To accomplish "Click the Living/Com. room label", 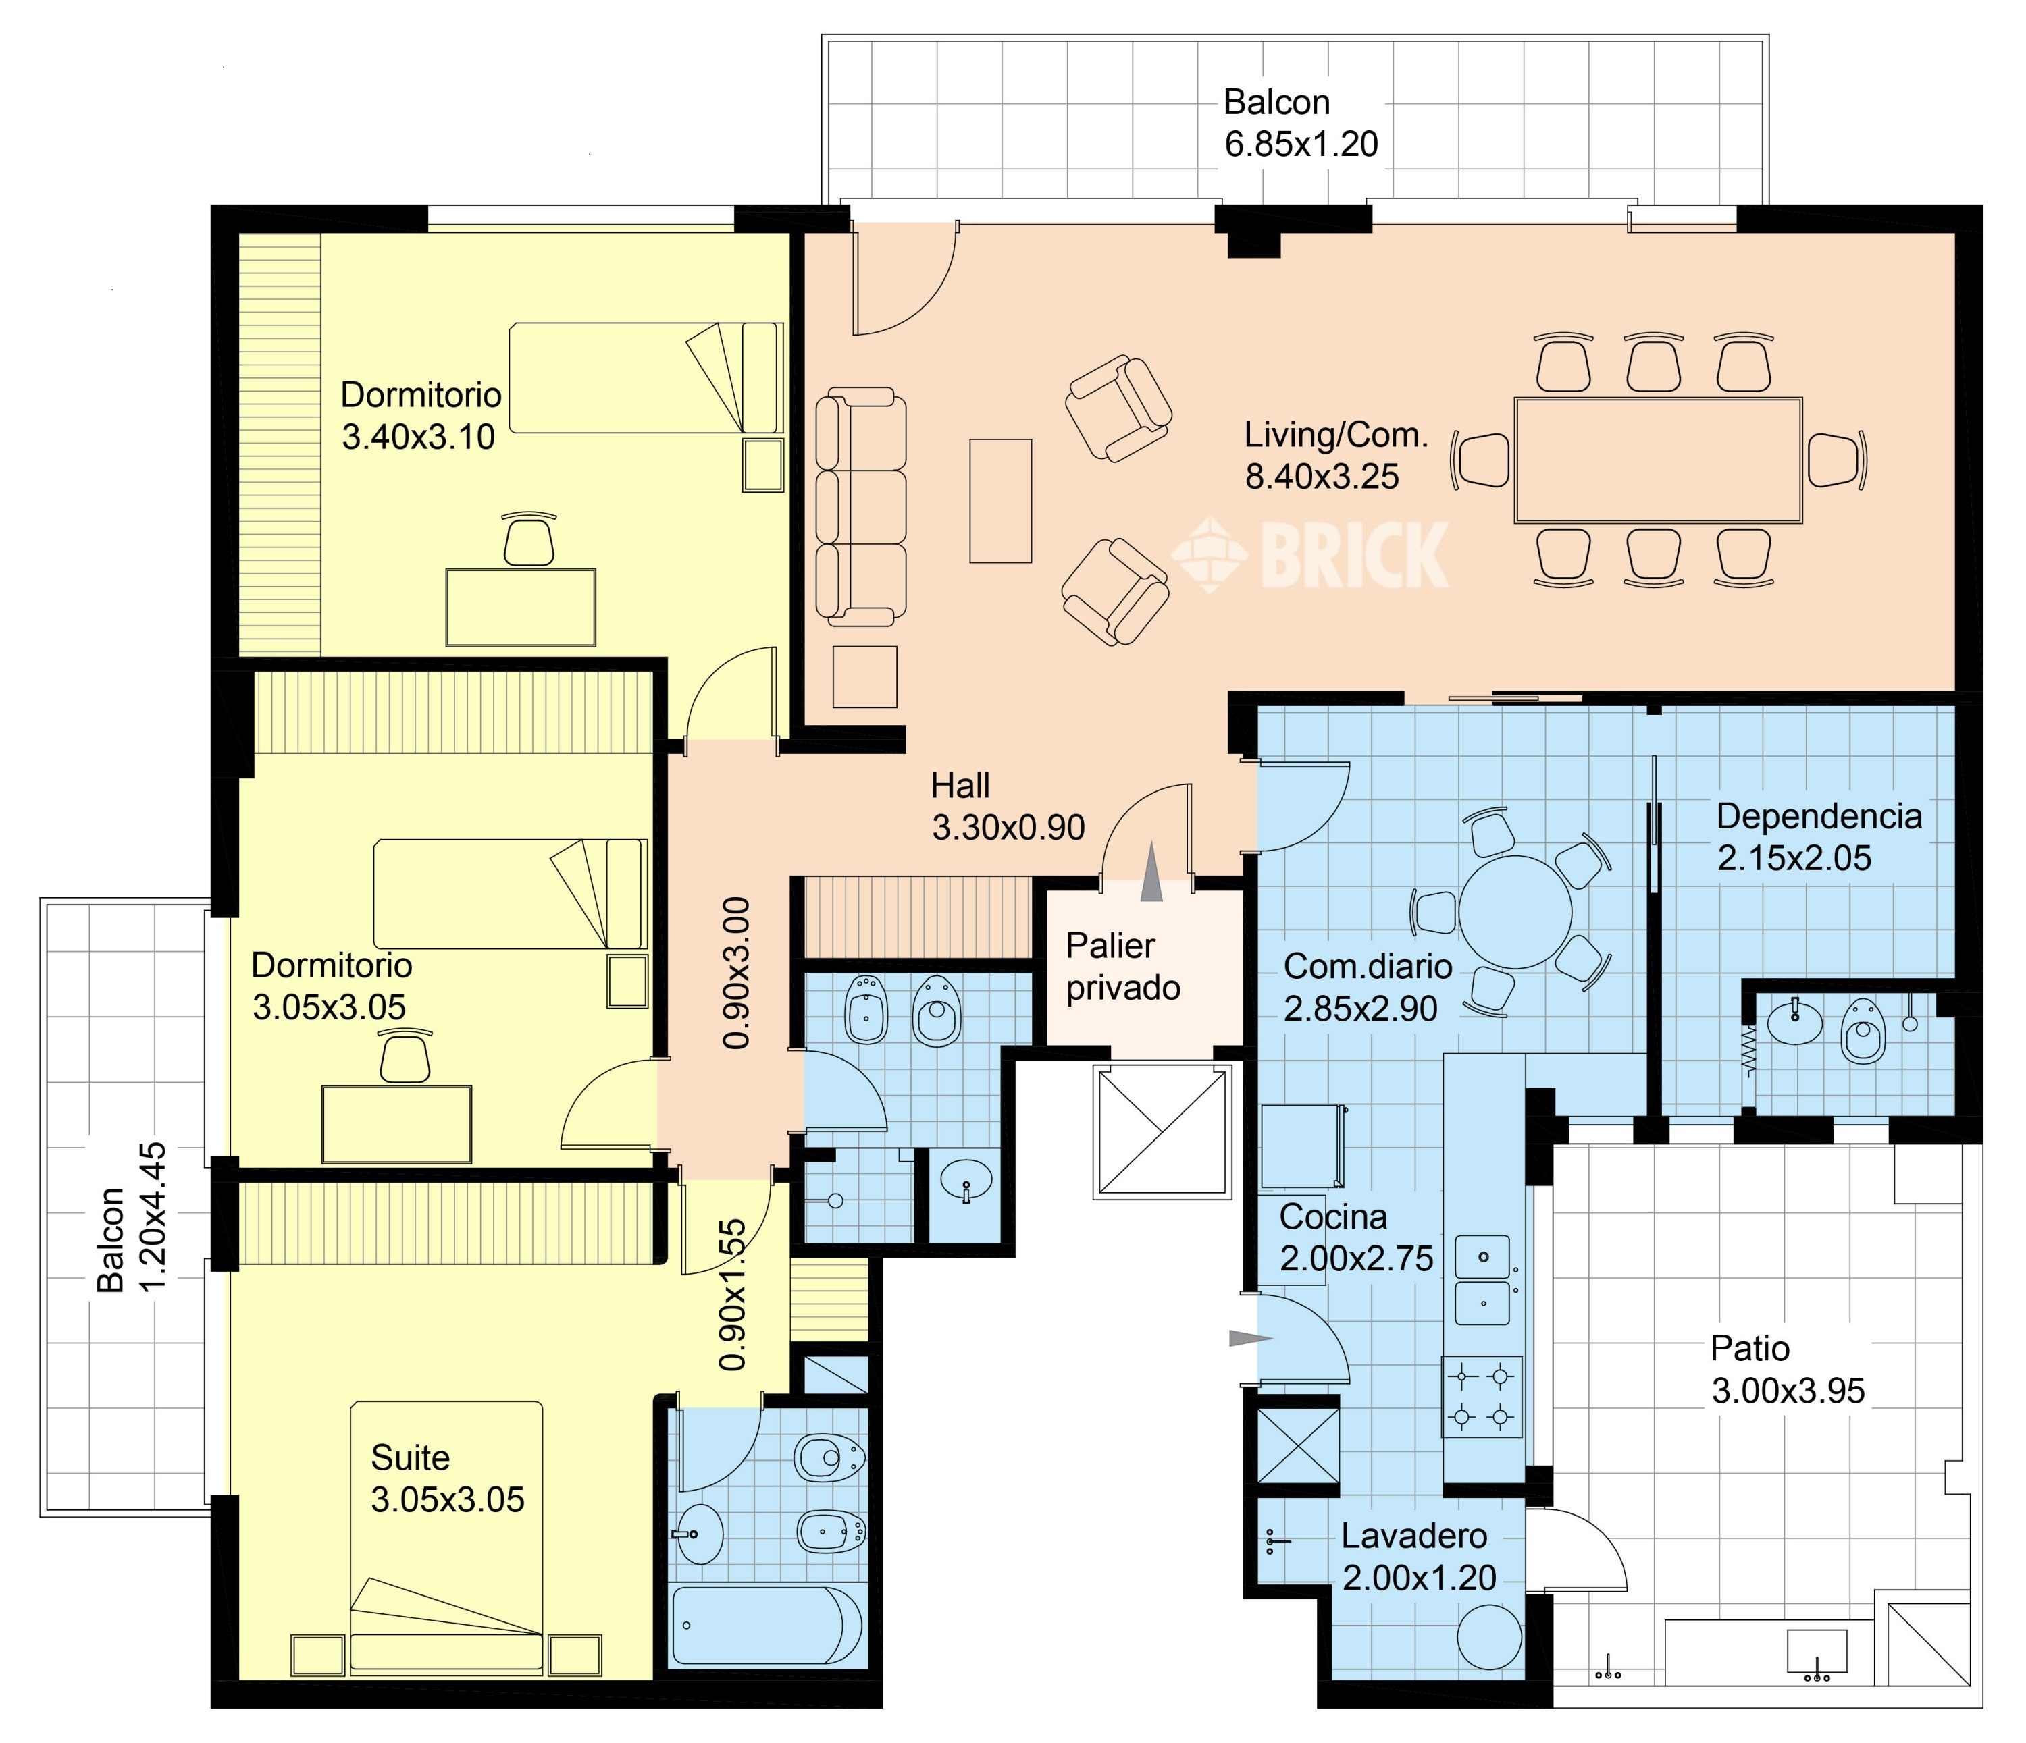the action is pos(1336,435).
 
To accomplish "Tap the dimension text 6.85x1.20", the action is pos(1301,144).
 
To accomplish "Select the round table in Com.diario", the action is pos(1515,911).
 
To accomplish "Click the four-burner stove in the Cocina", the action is pos(1482,1396).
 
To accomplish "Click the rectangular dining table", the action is pos(1659,460).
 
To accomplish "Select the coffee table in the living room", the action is pos(1000,500).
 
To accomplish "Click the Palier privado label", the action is pos(1122,967).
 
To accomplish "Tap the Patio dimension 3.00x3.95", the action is pos(1788,1391).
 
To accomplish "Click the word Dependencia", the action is pos(1819,816).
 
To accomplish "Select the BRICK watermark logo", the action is pos(1311,554).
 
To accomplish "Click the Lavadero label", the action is pos(1414,1536).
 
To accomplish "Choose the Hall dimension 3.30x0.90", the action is pos(1008,828).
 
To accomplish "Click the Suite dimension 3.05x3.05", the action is pos(448,1499).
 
